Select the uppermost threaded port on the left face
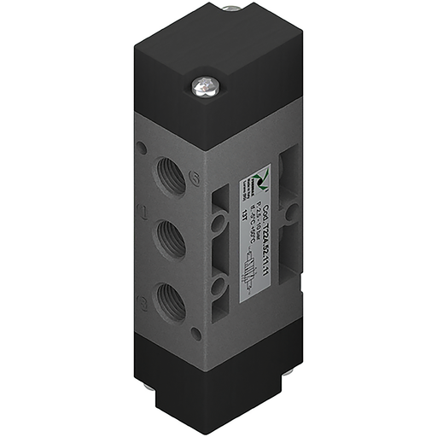pos(166,176)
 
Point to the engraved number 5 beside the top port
pos(195,178)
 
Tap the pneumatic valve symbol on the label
pos(252,281)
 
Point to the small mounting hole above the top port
pos(141,149)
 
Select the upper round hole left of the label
pos(220,220)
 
